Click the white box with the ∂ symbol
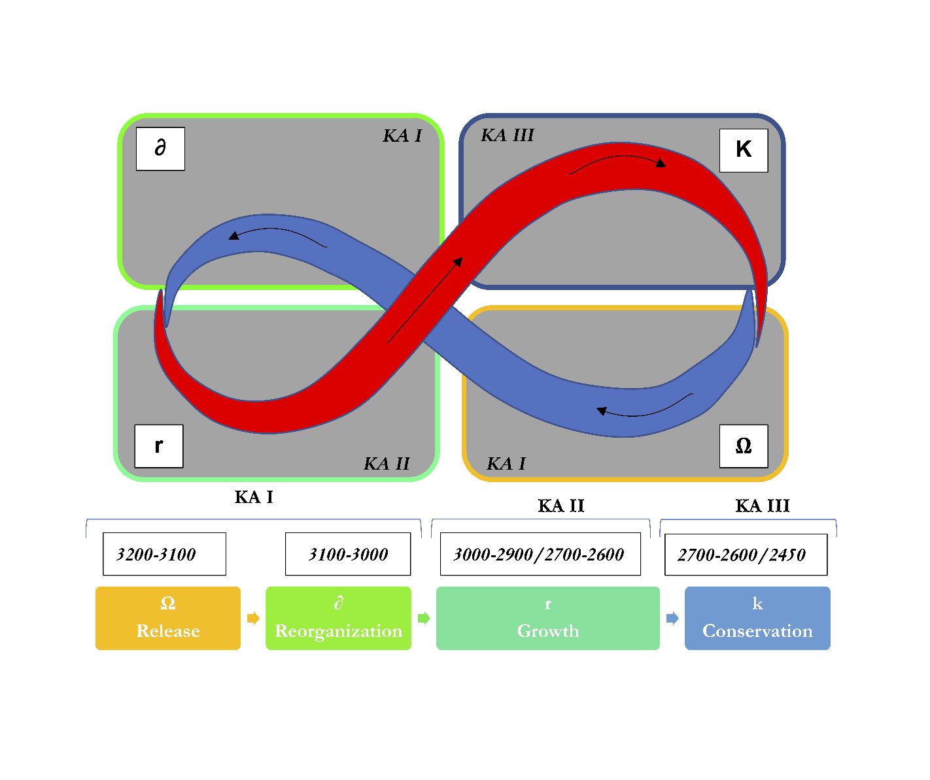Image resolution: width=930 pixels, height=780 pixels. (x=160, y=149)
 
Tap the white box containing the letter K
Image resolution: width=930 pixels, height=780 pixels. (x=744, y=150)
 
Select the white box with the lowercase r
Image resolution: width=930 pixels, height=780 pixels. (x=159, y=446)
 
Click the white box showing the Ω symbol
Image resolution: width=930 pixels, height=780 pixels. (x=744, y=446)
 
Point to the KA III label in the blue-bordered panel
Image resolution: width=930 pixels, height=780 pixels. (x=508, y=135)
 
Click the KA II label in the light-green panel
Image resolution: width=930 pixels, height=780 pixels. (x=387, y=464)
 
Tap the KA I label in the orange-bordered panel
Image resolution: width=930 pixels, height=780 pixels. (x=506, y=464)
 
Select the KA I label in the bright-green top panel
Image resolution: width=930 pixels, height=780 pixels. (x=402, y=136)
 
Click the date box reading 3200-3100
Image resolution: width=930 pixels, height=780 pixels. (x=164, y=554)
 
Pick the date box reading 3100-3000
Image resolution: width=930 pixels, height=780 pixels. (x=348, y=554)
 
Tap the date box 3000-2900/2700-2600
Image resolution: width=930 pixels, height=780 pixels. (x=540, y=554)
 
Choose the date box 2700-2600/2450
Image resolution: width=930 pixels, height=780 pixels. (x=746, y=555)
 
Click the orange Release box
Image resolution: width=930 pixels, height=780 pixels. (x=168, y=618)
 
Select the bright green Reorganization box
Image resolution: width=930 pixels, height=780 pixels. (x=338, y=618)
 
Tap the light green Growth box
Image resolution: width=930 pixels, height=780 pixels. (x=548, y=618)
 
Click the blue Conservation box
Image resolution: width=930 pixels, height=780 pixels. (x=757, y=618)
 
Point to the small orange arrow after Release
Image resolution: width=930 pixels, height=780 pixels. (x=253, y=618)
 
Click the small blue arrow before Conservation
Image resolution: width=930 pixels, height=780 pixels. (x=672, y=618)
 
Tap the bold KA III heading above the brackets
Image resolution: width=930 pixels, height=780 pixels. (x=763, y=506)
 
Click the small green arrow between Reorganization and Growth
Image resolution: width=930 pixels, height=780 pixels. (x=424, y=618)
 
